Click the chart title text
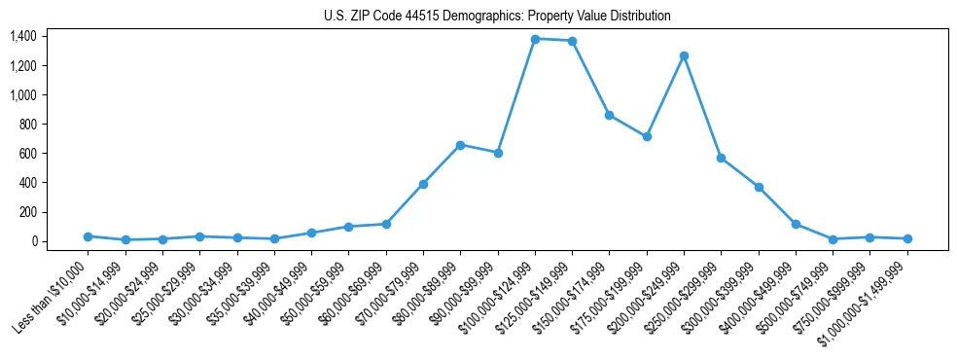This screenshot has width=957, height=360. coord(497,16)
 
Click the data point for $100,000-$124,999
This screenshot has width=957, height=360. coord(535,39)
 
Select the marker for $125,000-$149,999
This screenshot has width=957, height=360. coord(572,41)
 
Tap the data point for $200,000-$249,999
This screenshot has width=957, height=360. coord(684,55)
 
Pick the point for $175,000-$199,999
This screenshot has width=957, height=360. coord(647,136)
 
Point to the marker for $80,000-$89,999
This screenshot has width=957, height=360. coord(460,145)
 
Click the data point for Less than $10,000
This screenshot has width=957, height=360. coord(88,236)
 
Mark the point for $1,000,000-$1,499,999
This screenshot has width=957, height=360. coord(907,238)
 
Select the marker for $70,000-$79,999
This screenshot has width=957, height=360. coord(423,184)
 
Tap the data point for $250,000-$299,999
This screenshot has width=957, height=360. coord(721,158)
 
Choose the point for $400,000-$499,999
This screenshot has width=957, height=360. coord(796,224)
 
